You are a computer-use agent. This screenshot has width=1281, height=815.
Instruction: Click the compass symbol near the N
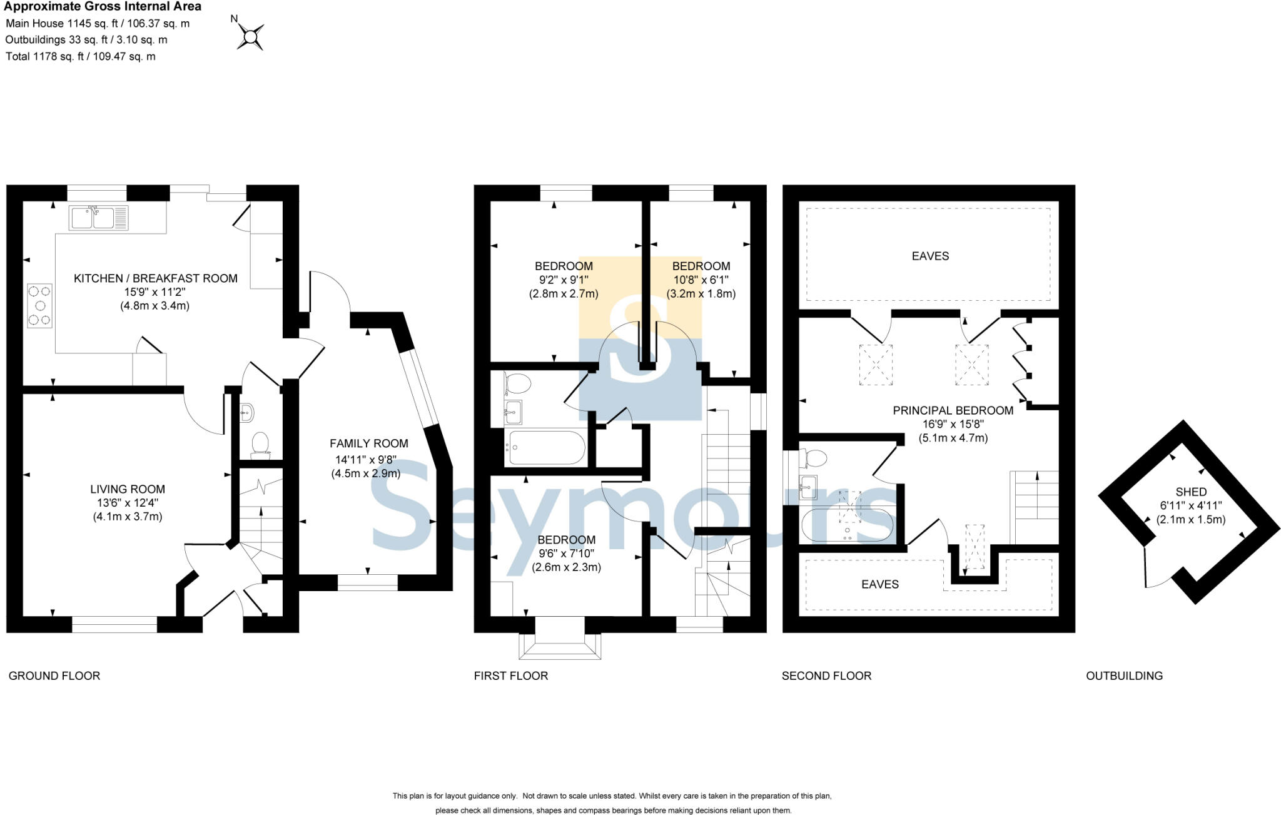click(251, 37)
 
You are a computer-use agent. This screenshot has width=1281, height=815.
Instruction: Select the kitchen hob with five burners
click(39, 305)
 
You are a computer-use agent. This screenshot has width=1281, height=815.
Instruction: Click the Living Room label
click(128, 489)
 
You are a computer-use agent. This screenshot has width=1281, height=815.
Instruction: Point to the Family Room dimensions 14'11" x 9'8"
click(366, 460)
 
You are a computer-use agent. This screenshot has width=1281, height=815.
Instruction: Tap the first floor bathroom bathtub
click(546, 447)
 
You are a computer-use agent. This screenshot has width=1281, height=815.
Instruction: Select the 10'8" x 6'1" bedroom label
click(701, 266)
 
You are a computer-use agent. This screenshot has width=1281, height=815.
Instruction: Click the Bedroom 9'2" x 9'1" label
click(564, 266)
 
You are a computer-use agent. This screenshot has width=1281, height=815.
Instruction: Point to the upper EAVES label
click(930, 256)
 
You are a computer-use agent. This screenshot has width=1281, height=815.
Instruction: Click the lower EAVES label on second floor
click(879, 584)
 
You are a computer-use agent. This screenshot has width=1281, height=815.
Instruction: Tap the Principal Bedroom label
click(953, 410)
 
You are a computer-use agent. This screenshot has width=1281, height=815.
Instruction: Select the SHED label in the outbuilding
click(1190, 492)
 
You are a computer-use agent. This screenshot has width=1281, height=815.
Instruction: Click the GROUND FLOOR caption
click(54, 676)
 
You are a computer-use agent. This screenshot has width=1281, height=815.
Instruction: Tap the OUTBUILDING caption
click(1124, 676)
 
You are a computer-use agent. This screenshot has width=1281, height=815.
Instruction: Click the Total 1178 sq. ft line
click(80, 56)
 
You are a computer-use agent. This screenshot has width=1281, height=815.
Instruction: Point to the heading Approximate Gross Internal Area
click(103, 7)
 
